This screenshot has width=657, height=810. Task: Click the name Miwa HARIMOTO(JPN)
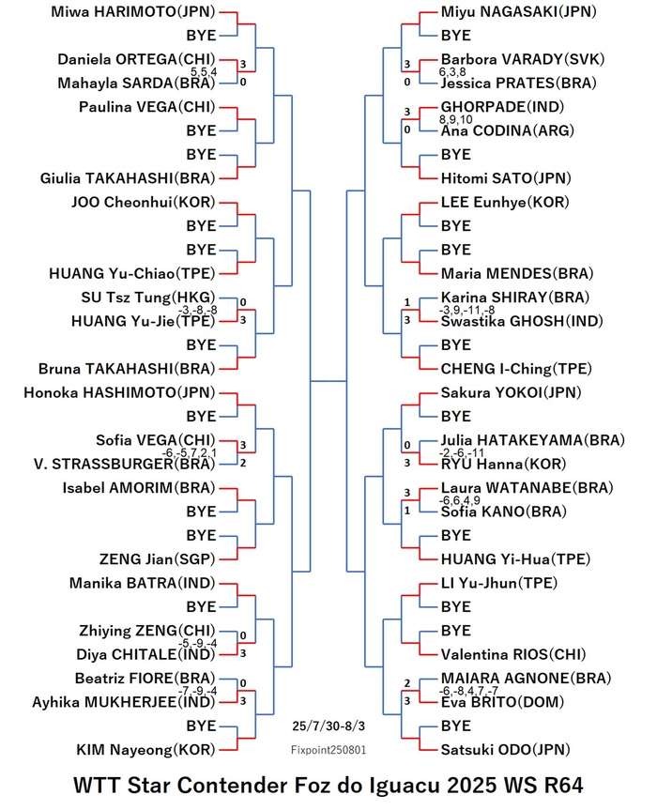coord(132,12)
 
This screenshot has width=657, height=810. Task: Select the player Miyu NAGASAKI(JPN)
coord(519,12)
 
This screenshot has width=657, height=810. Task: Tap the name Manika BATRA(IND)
coord(142,583)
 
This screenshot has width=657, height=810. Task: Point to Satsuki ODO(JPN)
coord(505,750)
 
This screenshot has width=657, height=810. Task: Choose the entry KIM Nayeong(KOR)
coord(145,750)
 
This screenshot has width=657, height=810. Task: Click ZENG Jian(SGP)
coord(157,559)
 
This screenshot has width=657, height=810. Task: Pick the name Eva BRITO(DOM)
coord(502,702)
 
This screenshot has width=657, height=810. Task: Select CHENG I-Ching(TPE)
coord(516,369)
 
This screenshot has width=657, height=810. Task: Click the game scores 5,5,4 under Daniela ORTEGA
coord(204,72)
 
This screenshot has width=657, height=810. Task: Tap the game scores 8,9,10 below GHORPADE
coord(456,119)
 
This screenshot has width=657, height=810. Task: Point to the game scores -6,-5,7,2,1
coord(190,453)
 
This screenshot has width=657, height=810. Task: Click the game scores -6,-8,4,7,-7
coord(468,691)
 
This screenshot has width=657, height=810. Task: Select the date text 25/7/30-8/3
coord(328,726)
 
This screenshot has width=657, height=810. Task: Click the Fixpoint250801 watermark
coord(328,750)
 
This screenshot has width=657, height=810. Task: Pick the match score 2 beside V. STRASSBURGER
coord(243,463)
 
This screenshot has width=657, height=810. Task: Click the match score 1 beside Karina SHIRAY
coord(407,302)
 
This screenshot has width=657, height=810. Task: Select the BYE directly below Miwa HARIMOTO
coord(202,36)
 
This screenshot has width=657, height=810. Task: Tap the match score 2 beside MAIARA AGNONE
coord(407,683)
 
